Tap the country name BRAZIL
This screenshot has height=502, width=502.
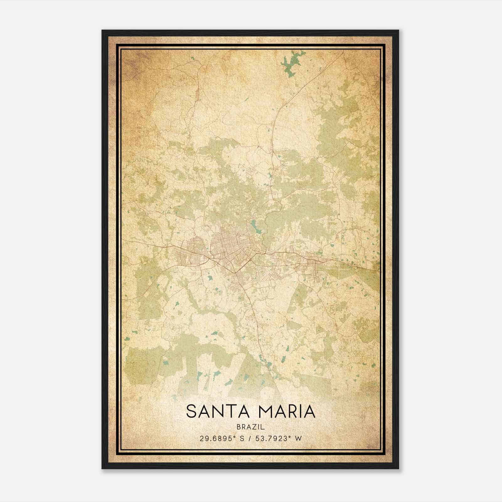[251, 427]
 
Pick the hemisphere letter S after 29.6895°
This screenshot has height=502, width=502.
[242, 438]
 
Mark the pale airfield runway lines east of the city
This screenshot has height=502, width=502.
[340, 268]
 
